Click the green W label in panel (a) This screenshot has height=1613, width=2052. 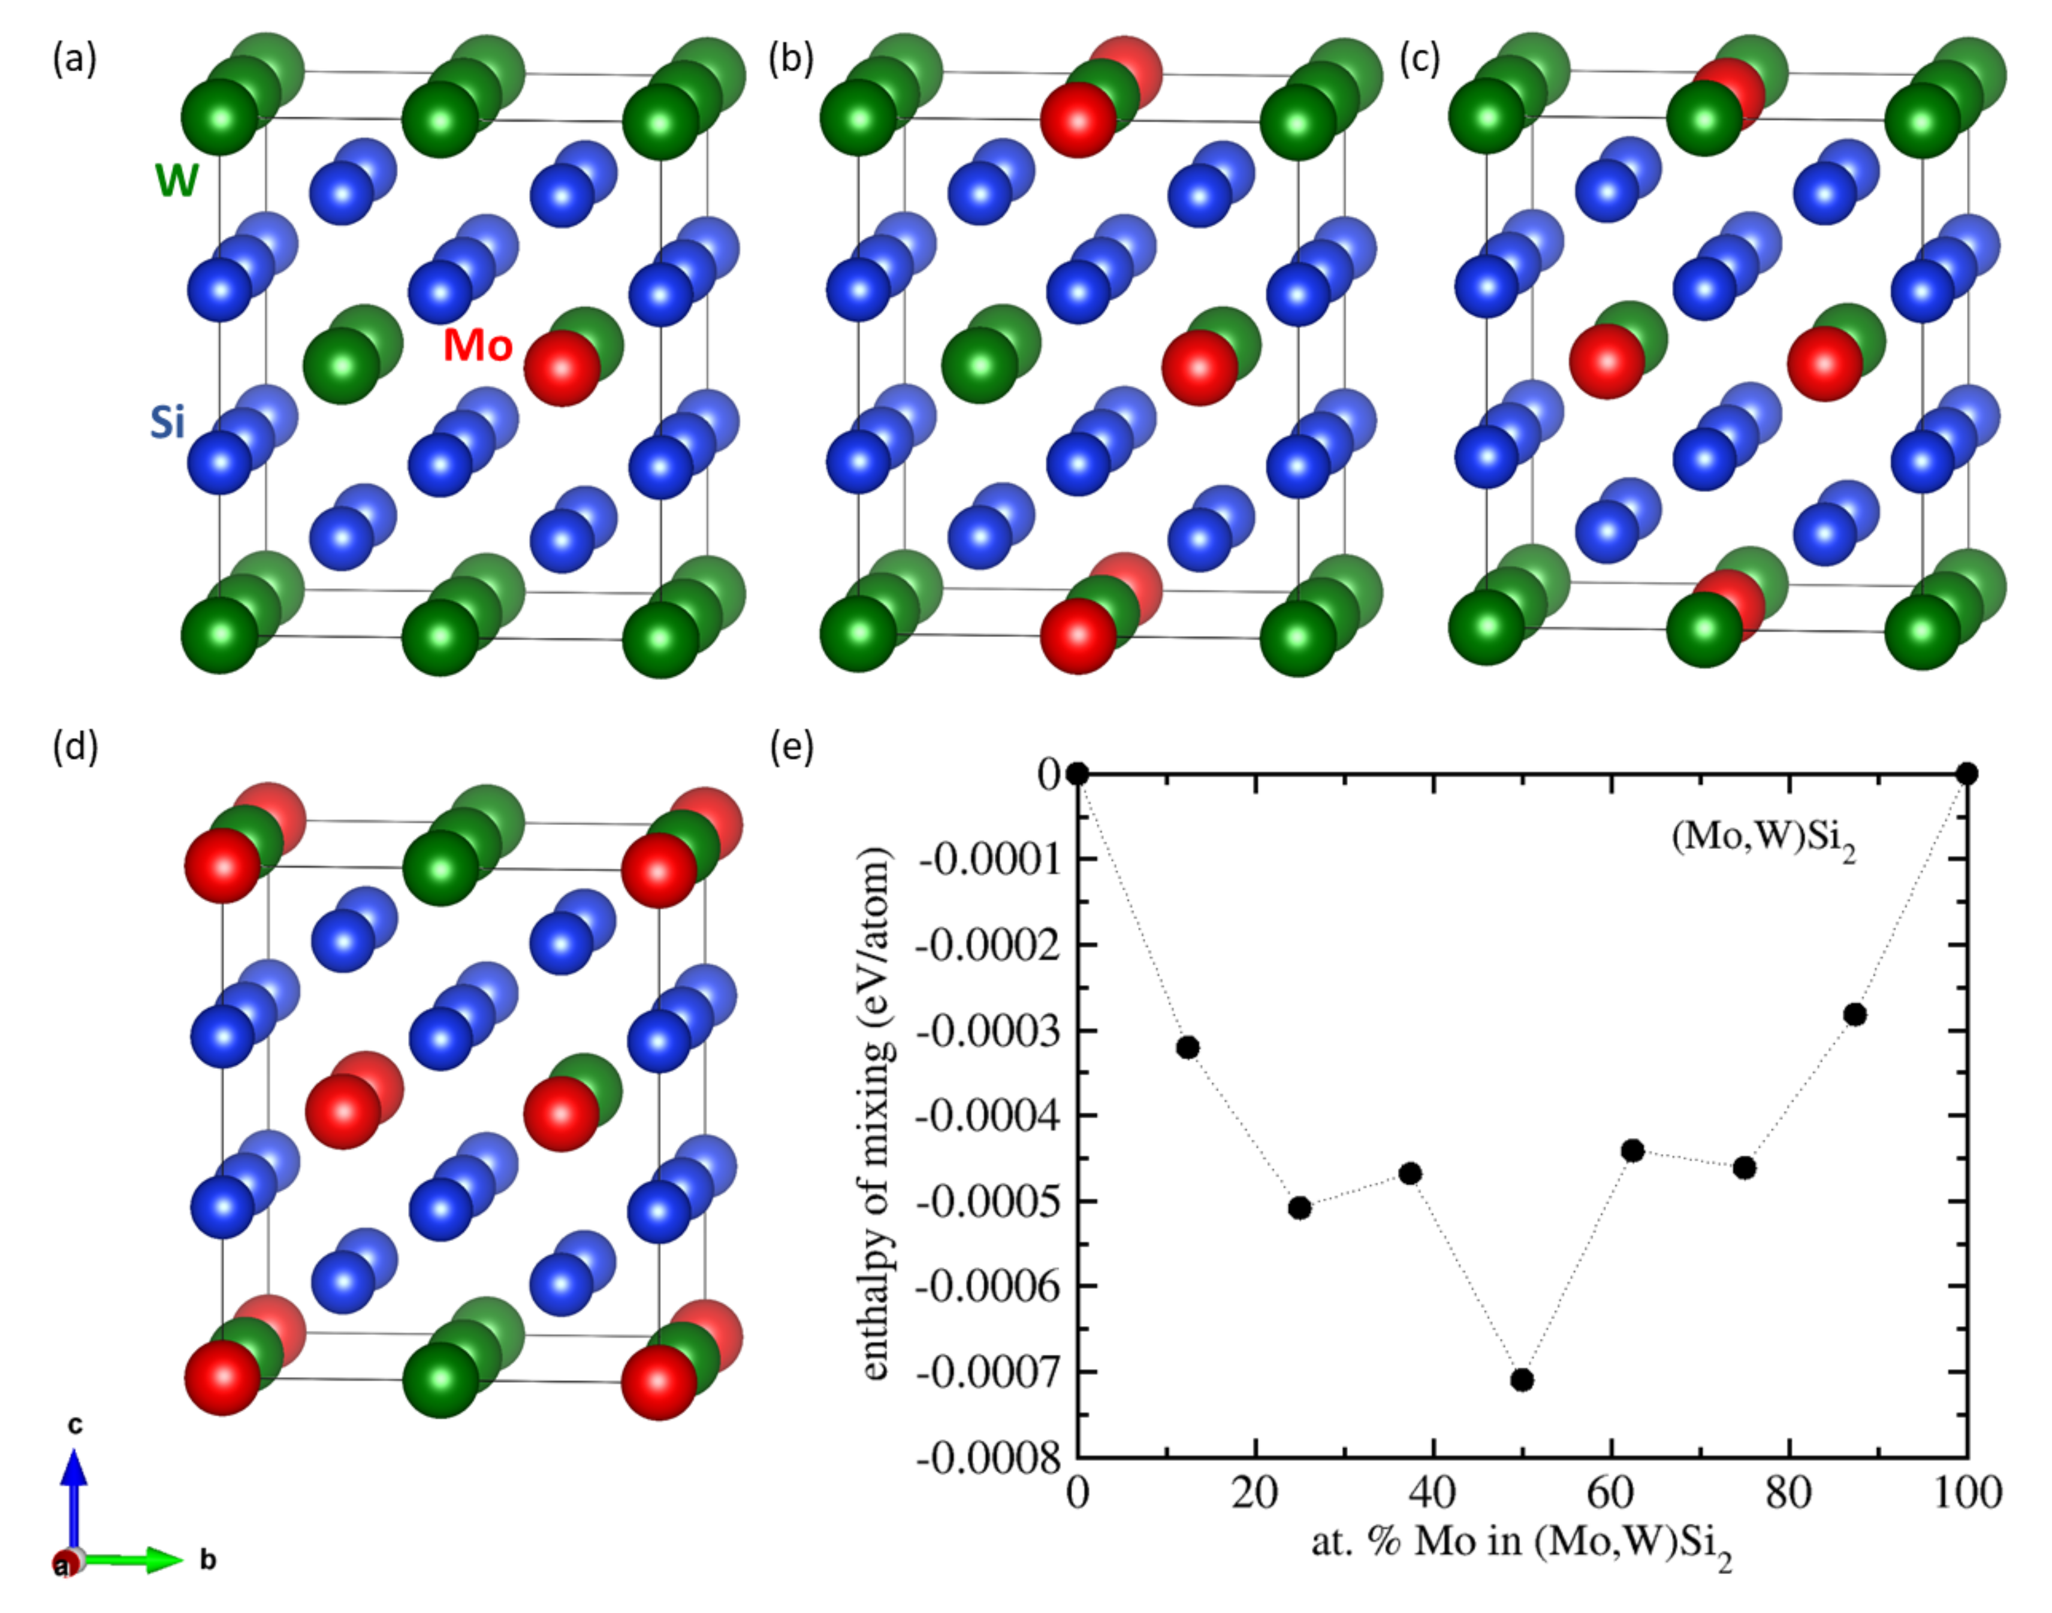(x=177, y=179)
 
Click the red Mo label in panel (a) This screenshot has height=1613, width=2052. (x=478, y=346)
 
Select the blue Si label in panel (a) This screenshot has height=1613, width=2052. (x=167, y=422)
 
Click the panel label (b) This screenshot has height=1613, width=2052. (x=790, y=59)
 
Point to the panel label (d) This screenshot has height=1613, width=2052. (x=76, y=747)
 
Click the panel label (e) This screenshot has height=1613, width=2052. (x=791, y=747)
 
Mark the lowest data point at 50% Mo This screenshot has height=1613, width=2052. (x=1521, y=1381)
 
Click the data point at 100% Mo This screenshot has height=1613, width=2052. (x=1967, y=774)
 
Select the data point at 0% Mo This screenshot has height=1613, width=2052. (x=1078, y=774)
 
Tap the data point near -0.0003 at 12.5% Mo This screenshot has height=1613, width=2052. (x=1188, y=1047)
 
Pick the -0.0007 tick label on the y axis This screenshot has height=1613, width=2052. (x=989, y=1372)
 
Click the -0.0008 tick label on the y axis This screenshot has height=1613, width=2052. (x=989, y=1458)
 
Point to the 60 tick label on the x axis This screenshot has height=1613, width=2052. (x=1610, y=1493)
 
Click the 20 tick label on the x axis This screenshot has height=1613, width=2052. (x=1255, y=1493)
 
